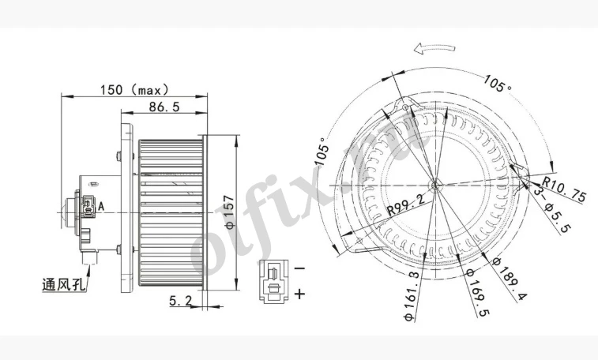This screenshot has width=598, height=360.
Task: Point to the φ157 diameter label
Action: click(228, 212)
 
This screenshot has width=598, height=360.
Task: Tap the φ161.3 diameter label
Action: click(413, 293)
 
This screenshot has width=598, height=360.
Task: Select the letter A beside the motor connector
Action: click(102, 207)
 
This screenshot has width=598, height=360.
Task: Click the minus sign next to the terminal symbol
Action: click(299, 268)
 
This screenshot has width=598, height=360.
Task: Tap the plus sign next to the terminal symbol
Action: click(299, 294)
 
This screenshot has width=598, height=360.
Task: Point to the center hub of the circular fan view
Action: click(434, 186)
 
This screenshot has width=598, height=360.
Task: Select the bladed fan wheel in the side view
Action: click(170, 212)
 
